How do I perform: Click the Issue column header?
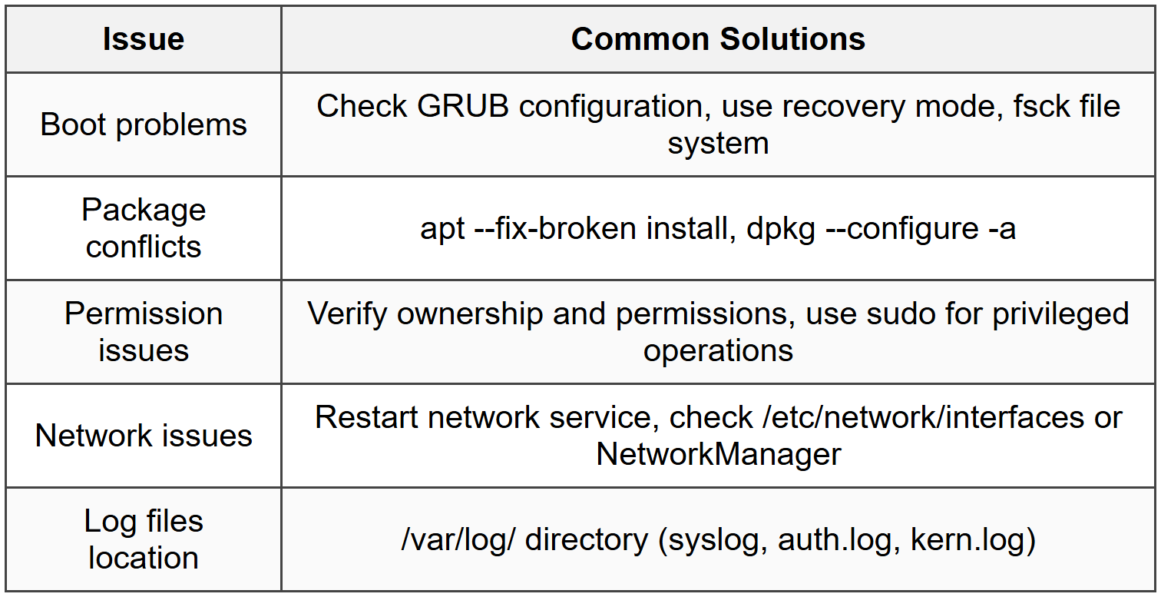point(144,39)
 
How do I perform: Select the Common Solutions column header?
point(718,39)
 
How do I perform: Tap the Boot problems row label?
point(144,124)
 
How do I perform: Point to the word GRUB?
point(463,106)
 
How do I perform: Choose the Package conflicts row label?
point(144,228)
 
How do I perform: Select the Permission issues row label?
point(144,332)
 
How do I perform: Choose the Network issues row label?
point(144,436)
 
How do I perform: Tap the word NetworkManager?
point(718,454)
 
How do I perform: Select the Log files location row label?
point(144,539)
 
